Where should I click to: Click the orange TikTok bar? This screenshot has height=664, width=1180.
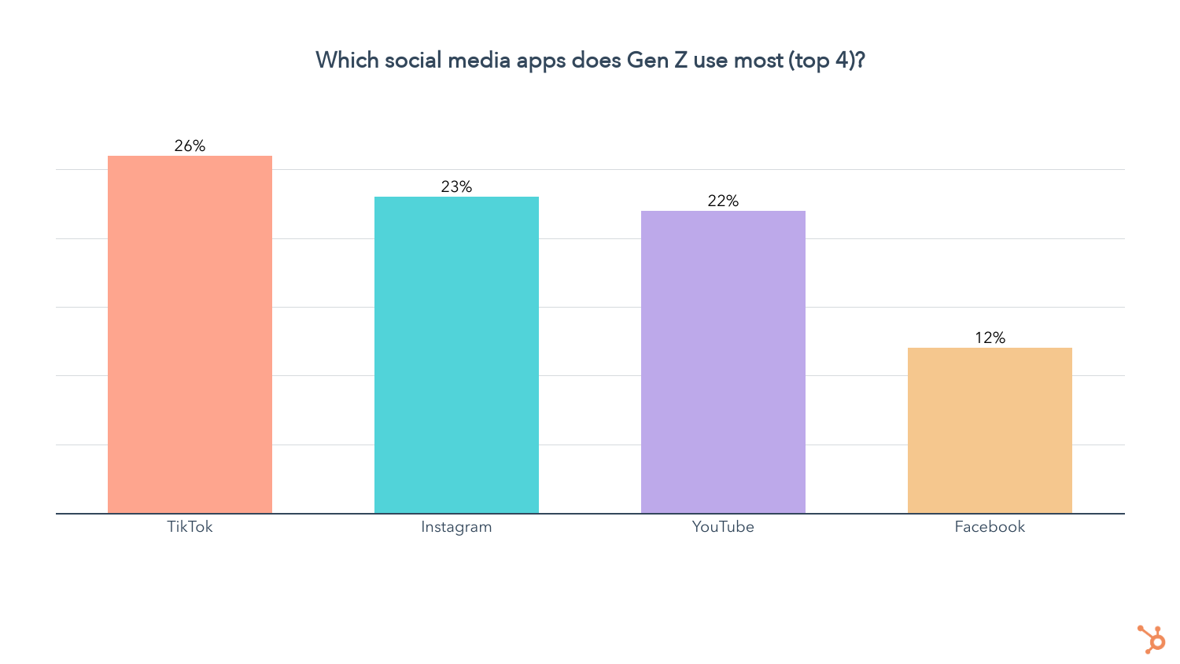190,334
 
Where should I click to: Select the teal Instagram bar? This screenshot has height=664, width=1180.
456,355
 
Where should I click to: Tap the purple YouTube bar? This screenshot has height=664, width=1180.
723,362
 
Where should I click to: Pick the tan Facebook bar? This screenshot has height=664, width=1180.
990,430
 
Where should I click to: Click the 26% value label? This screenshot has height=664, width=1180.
190,146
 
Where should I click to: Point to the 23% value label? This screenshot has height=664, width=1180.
456,186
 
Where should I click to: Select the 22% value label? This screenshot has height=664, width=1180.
723,201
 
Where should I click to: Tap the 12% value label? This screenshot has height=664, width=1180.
990,338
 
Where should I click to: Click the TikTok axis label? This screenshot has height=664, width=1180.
190,526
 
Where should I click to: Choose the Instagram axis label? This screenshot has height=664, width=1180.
456,526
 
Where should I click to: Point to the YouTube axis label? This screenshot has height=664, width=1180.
723,526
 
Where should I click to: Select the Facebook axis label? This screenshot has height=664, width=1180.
990,526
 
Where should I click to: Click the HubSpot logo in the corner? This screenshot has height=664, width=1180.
1152,639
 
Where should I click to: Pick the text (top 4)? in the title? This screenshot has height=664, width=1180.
827,61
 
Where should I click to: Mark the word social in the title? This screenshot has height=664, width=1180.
413,60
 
